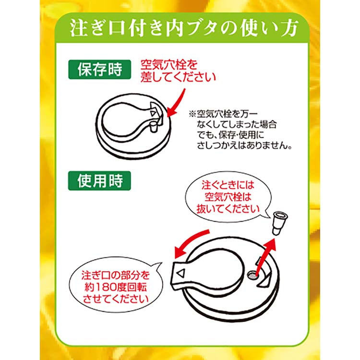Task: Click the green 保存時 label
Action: [x=100, y=69]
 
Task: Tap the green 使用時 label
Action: [x=100, y=180]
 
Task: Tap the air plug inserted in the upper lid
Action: [x=153, y=127]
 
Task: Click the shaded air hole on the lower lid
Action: [x=252, y=275]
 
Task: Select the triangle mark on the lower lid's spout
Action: [x=180, y=273]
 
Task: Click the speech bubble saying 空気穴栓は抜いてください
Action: [x=228, y=197]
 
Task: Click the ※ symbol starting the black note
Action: [x=192, y=114]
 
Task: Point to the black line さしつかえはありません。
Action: [x=244, y=145]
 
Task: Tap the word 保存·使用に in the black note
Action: [x=241, y=135]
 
